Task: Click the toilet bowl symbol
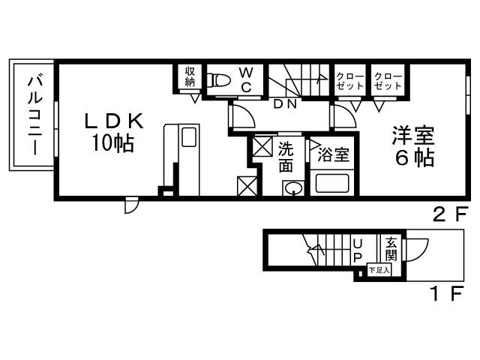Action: pyautogui.click(x=220, y=80)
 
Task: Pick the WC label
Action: pyautogui.click(x=245, y=79)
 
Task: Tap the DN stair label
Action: pyautogui.click(x=284, y=104)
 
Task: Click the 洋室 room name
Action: pyautogui.click(x=412, y=137)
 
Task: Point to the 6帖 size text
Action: pyautogui.click(x=412, y=159)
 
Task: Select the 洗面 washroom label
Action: pyautogui.click(x=286, y=157)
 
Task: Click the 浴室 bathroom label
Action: pyautogui.click(x=332, y=156)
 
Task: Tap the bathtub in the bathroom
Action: pyautogui.click(x=333, y=182)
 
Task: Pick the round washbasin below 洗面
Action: pyautogui.click(x=294, y=189)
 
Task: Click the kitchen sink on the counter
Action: pyautogui.click(x=188, y=137)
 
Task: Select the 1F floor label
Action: pyautogui.click(x=445, y=294)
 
